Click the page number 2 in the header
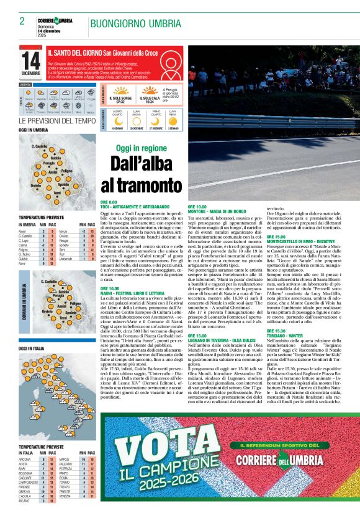click(22, 21)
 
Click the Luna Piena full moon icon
click(173, 120)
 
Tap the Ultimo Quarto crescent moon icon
click(117, 120)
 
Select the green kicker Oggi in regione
click(133, 148)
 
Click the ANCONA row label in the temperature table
click(25, 460)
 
